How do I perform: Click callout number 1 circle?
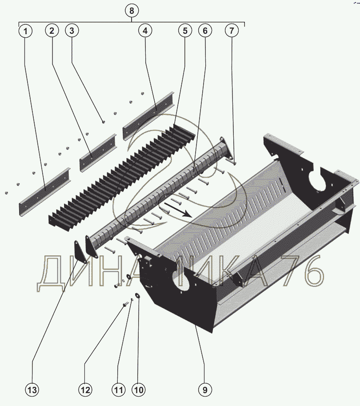(25, 32)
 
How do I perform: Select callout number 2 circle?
(52, 31)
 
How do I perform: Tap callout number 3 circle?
(72, 31)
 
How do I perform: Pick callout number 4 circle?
(145, 31)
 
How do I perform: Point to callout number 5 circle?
(185, 31)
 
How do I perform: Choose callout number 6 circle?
(205, 31)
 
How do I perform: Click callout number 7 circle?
(231, 31)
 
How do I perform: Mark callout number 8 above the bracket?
(131, 10)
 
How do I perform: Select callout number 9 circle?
(205, 390)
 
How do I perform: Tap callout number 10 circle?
(138, 390)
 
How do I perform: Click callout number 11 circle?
(118, 390)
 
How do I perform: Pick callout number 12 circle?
(85, 390)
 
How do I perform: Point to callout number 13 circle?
(32, 390)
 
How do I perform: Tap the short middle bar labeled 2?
(98, 152)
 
